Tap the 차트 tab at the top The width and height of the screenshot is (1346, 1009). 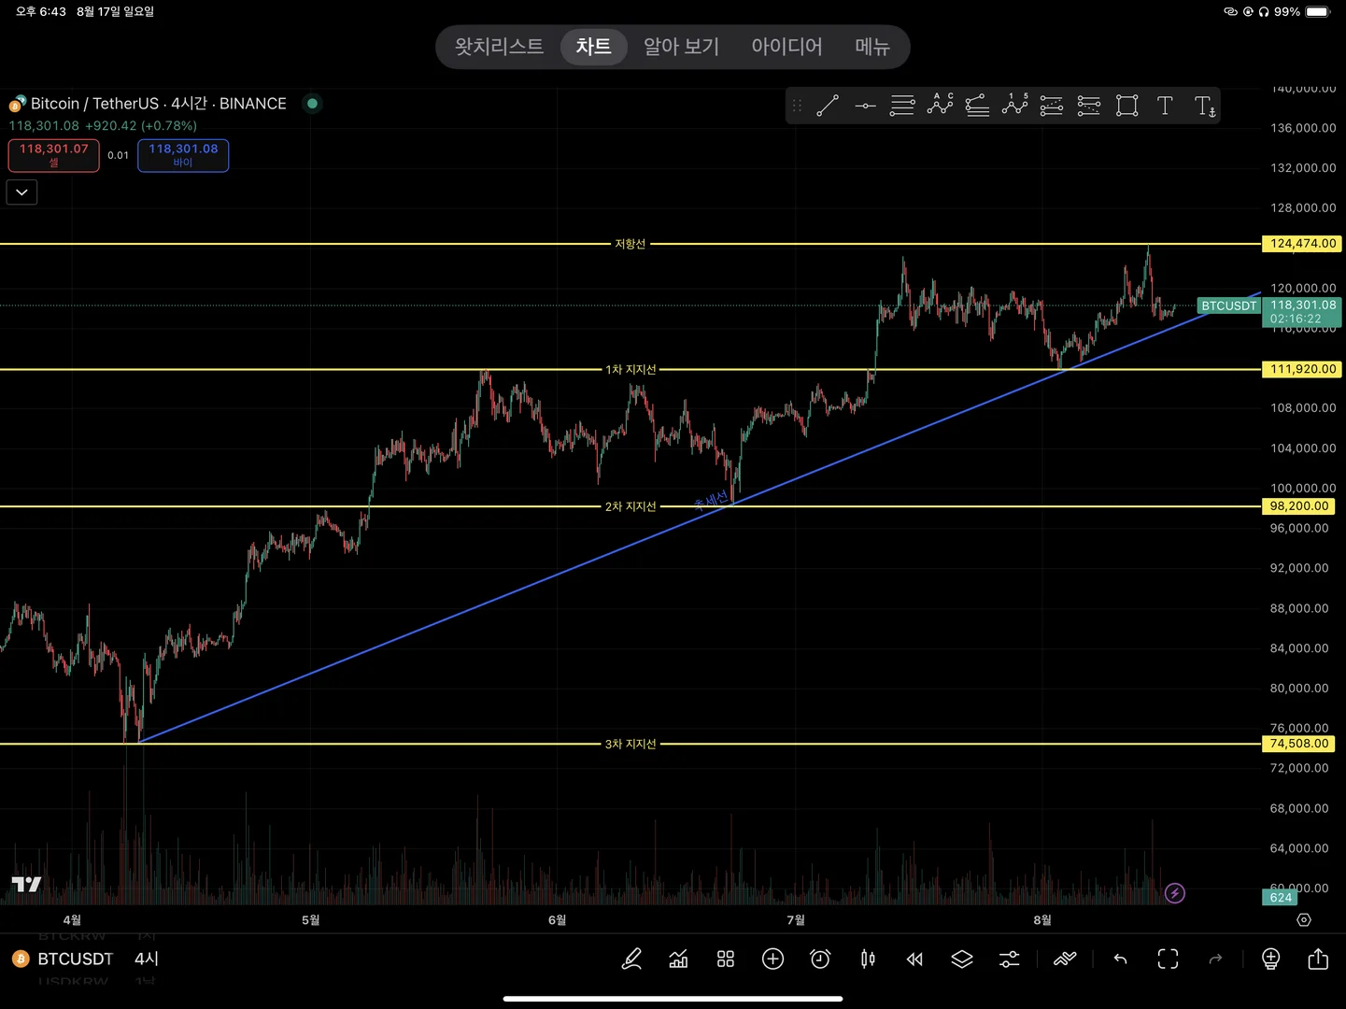(593, 47)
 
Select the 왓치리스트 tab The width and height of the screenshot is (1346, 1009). (499, 47)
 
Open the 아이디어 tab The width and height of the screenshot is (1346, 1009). (786, 47)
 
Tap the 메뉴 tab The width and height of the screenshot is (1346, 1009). (872, 47)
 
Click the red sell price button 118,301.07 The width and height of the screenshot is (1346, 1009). (54, 155)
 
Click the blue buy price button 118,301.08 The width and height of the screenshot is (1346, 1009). (183, 155)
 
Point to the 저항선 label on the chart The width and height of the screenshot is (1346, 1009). (630, 244)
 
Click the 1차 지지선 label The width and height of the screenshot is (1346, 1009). (630, 370)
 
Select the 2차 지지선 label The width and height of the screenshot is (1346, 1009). (630, 506)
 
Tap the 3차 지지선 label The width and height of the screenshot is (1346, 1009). (630, 745)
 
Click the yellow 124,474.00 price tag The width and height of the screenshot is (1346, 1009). (1302, 244)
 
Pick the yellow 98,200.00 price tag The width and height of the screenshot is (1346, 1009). (1298, 506)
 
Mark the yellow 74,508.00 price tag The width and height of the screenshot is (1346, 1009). (1298, 744)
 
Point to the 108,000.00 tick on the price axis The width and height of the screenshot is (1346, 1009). (1302, 408)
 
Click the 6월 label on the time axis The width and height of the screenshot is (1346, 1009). (558, 920)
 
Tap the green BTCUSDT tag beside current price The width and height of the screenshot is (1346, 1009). (1228, 306)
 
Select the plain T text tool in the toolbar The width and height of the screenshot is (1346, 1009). (1165, 106)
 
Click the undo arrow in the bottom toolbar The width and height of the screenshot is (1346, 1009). (1120, 959)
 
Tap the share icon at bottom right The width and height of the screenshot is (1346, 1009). (1318, 959)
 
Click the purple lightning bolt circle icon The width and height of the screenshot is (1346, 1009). (1175, 894)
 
